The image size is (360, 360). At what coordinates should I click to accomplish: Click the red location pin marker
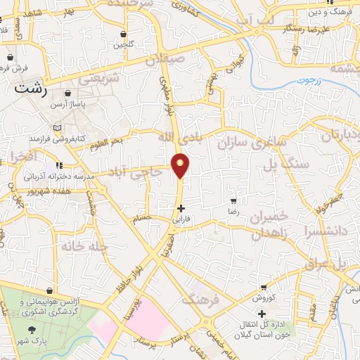tap(181, 165)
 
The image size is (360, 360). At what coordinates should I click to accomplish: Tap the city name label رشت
tap(34, 90)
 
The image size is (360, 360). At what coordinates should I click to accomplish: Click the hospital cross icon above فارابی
tap(181, 208)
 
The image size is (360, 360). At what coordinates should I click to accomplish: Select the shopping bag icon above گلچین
tap(124, 34)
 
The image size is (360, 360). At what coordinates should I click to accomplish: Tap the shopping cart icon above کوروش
tap(263, 287)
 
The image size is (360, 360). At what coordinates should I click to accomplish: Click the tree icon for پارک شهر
tap(32, 329)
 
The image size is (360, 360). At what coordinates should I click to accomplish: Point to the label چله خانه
tap(77, 246)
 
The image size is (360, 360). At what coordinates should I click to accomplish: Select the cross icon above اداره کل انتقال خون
tap(262, 314)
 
